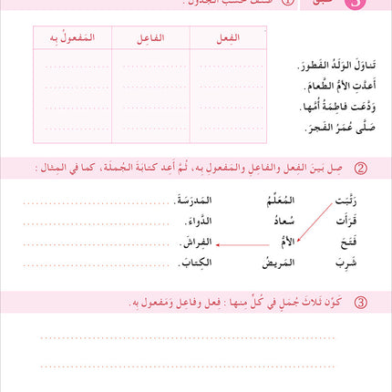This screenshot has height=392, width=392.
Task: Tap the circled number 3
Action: [x=360, y=300]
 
